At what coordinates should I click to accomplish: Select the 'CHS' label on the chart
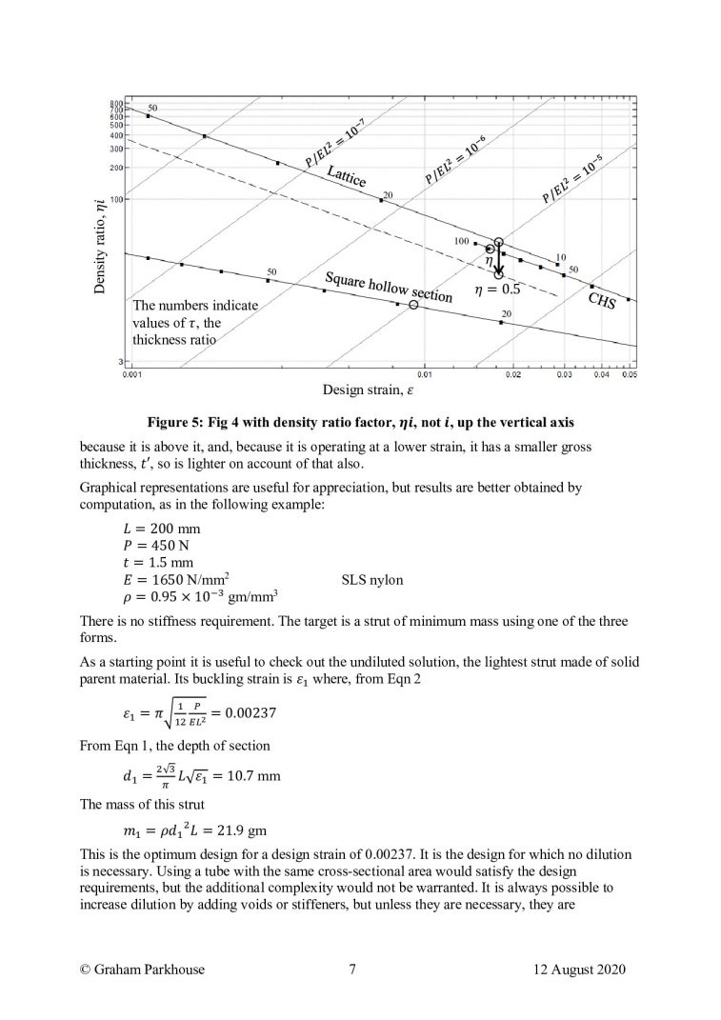pyautogui.click(x=602, y=304)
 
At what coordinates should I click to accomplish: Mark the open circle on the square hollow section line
pyautogui.click(x=413, y=305)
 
